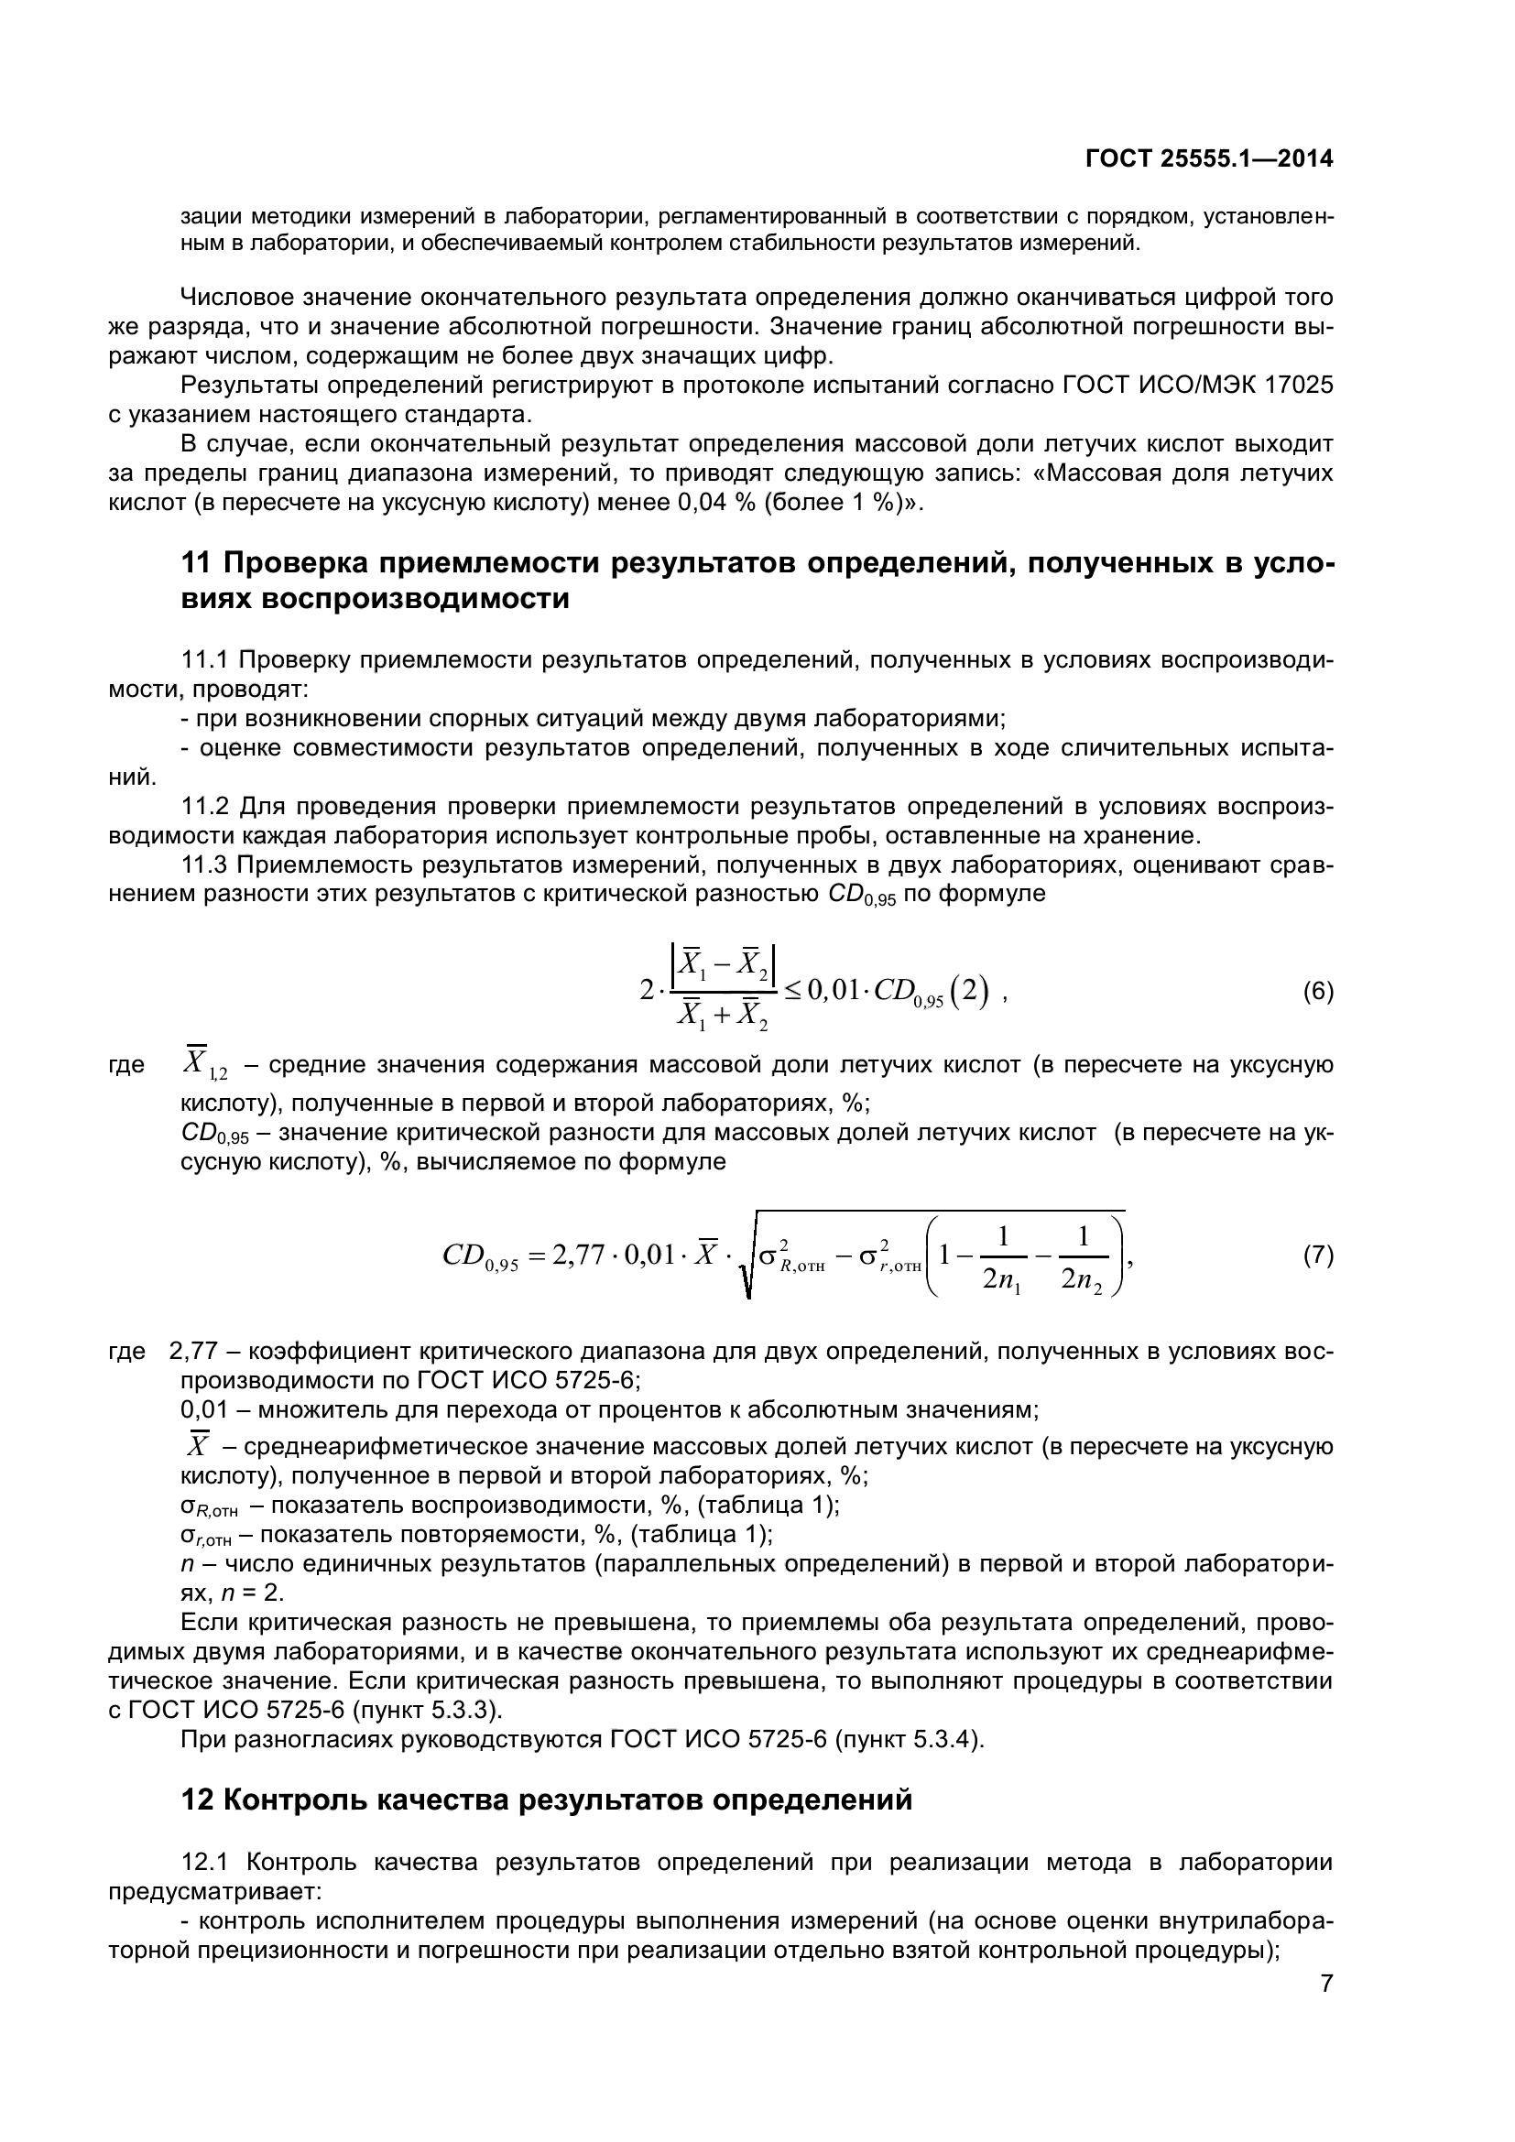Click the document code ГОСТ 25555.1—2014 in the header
(x=1209, y=159)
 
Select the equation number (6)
(x=1317, y=991)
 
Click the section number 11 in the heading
(x=197, y=563)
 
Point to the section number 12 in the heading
(x=197, y=1800)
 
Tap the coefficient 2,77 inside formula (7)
(x=579, y=1256)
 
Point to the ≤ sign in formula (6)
(x=792, y=990)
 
